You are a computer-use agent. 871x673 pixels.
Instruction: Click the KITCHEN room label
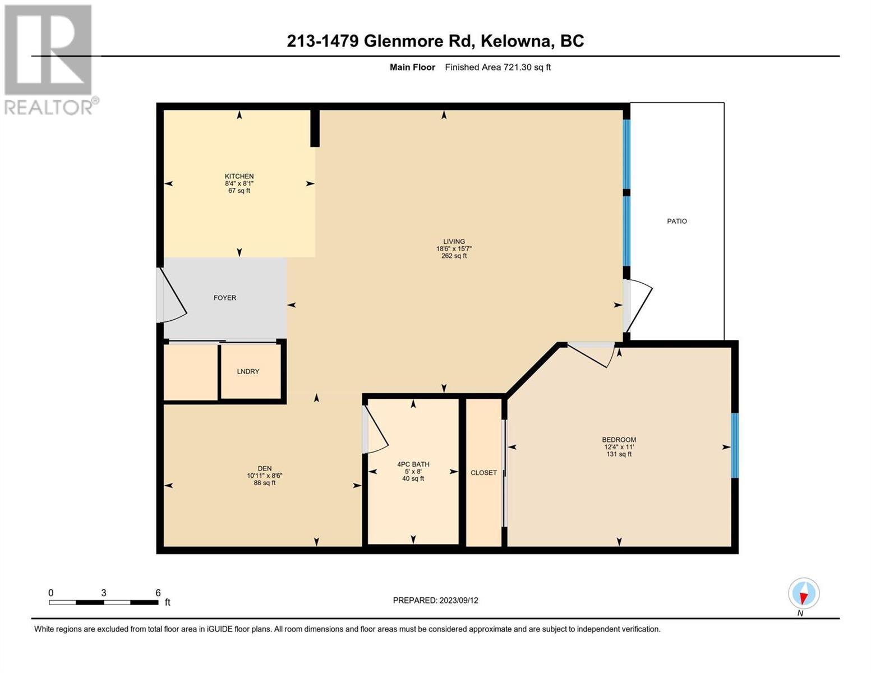tap(239, 176)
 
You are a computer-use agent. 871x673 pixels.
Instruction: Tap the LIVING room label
tap(454, 241)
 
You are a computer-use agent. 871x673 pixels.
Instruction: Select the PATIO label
tap(676, 222)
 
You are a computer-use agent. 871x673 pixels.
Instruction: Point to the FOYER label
tap(224, 298)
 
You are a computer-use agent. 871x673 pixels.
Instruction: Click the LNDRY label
tap(248, 372)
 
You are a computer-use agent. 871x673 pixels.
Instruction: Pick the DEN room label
tap(265, 468)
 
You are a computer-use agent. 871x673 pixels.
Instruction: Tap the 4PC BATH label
tap(413, 464)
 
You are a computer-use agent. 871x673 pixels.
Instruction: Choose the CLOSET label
tap(483, 473)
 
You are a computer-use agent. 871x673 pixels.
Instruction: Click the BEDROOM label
tap(619, 440)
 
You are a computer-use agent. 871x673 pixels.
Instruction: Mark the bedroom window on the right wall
tap(735, 445)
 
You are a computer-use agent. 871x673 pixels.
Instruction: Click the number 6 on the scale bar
tap(158, 593)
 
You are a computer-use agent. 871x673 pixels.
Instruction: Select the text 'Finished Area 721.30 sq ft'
tap(498, 67)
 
